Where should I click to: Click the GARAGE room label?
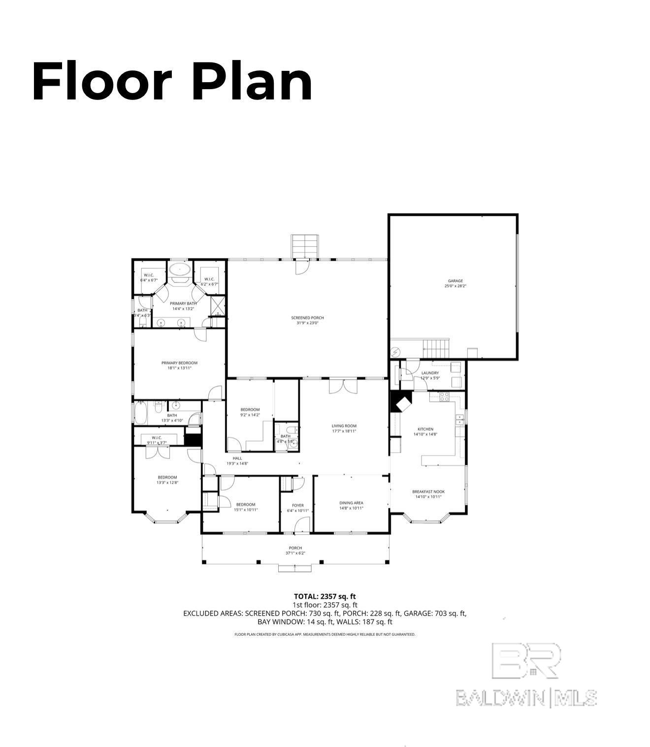[x=455, y=281]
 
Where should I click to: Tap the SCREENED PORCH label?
[x=307, y=318]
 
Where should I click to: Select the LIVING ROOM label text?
[x=344, y=426]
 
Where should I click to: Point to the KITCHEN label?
[x=425, y=429]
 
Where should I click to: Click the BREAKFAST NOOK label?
[x=428, y=491]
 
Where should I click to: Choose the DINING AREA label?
[x=351, y=503]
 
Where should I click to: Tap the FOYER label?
[x=297, y=505]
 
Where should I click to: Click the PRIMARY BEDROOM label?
[x=179, y=363]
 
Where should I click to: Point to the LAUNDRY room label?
[x=430, y=373]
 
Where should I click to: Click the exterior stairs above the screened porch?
[x=306, y=245]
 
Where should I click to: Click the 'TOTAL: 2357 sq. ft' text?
[x=325, y=596]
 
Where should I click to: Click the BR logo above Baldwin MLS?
[x=526, y=660]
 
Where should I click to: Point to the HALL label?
[x=237, y=458]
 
